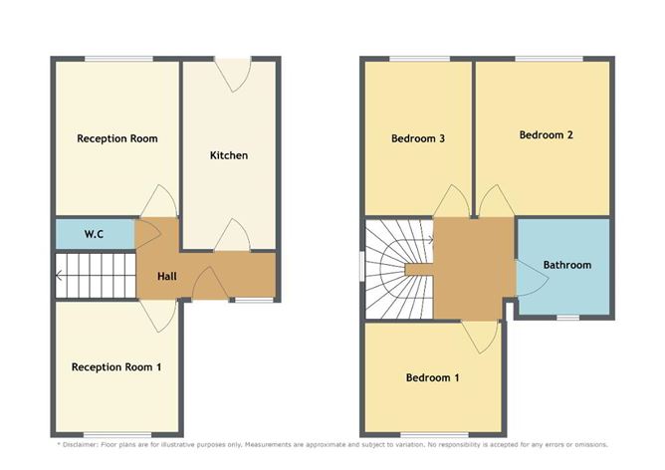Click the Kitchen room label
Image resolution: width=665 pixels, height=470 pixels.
(229, 155)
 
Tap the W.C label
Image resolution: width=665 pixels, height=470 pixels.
(94, 234)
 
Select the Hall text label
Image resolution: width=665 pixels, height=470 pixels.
(167, 277)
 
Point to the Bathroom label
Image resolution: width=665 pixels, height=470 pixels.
(567, 265)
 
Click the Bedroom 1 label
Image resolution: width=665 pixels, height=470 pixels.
(432, 378)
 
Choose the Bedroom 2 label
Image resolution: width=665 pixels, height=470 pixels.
(547, 134)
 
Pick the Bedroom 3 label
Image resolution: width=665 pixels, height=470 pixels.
(418, 138)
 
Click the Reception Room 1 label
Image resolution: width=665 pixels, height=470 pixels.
(116, 367)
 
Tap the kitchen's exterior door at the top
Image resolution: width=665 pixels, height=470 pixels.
(233, 75)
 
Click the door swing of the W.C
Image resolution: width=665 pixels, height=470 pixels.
(148, 233)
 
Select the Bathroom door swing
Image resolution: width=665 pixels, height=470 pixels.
(533, 278)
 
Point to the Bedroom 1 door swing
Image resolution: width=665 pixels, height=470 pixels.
(480, 338)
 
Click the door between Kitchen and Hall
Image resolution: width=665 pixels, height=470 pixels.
(232, 235)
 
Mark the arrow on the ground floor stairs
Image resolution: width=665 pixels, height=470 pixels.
(60, 276)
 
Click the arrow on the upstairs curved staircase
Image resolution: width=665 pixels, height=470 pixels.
(430, 240)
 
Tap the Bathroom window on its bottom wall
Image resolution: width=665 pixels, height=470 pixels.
(567, 318)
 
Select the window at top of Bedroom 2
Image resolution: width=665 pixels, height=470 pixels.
(549, 59)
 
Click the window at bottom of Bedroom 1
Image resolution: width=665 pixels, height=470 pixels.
(435, 435)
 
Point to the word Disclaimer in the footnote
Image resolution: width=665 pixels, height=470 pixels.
(81, 445)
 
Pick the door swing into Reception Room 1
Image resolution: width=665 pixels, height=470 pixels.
(158, 316)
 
